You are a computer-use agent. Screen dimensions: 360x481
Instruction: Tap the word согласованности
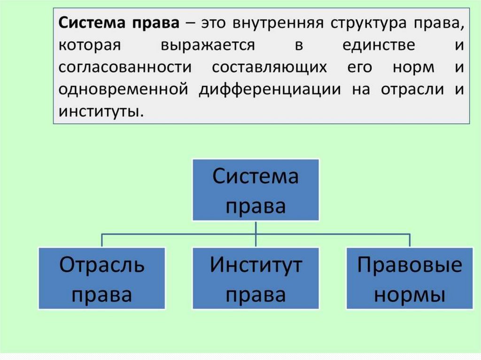pyautogui.click(x=125, y=68)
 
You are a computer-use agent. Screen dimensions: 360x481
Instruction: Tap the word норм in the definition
pyautogui.click(x=413, y=68)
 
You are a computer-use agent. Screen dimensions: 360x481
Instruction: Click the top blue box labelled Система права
pyautogui.click(x=256, y=190)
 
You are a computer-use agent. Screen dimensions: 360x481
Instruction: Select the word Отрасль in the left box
pyautogui.click(x=102, y=266)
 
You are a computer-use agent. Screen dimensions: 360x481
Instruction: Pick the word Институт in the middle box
pyautogui.click(x=256, y=266)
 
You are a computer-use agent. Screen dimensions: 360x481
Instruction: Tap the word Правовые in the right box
pyautogui.click(x=410, y=266)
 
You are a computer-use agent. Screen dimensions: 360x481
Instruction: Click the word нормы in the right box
pyautogui.click(x=410, y=295)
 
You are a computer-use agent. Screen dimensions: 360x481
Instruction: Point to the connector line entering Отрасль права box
pyautogui.click(x=102, y=240)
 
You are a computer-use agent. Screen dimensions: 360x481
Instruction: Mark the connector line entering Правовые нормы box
pyautogui.click(x=410, y=240)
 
